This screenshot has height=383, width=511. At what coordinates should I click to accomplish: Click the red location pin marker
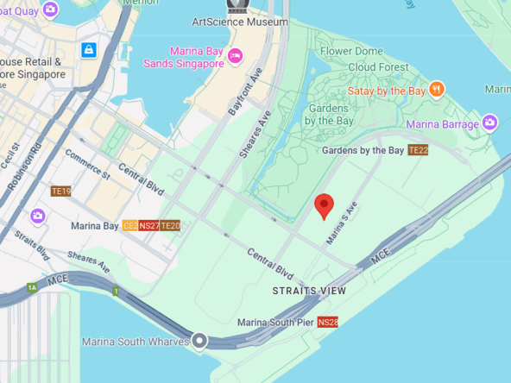pyautogui.click(x=324, y=205)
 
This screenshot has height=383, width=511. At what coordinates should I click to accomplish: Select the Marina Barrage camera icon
pyautogui.click(x=490, y=123)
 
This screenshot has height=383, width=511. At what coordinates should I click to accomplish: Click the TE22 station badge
pyautogui.click(x=418, y=150)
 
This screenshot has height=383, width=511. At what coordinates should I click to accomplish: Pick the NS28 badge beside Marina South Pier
pyautogui.click(x=327, y=323)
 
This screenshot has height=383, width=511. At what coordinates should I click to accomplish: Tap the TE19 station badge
pyautogui.click(x=60, y=191)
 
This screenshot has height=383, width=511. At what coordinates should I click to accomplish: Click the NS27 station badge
pyautogui.click(x=149, y=226)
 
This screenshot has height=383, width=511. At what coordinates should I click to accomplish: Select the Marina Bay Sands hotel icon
pyautogui.click(x=235, y=56)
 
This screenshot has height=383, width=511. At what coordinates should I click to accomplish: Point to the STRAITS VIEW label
pyautogui.click(x=309, y=292)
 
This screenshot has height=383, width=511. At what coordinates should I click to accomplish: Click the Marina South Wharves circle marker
pyautogui.click(x=200, y=341)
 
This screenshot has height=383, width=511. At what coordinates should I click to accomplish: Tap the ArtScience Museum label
pyautogui.click(x=239, y=22)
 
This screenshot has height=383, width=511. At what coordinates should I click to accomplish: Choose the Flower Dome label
pyautogui.click(x=351, y=52)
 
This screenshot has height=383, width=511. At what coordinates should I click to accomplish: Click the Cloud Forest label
pyautogui.click(x=379, y=67)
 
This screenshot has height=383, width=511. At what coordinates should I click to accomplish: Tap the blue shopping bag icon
pyautogui.click(x=87, y=51)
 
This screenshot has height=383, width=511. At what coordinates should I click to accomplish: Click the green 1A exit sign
pyautogui.click(x=33, y=287)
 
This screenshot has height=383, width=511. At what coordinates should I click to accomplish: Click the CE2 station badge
pyautogui.click(x=130, y=226)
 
